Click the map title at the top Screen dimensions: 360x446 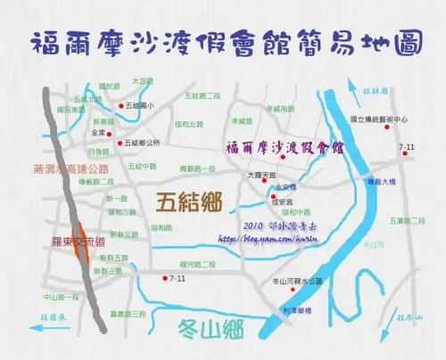(x=223, y=44)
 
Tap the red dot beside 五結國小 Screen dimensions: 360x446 (x=120, y=106)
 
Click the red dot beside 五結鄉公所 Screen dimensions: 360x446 (x=120, y=142)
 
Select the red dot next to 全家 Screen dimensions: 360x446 (x=111, y=132)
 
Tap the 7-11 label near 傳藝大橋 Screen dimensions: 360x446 (x=407, y=145)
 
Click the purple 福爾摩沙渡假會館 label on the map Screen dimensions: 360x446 (x=285, y=148)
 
